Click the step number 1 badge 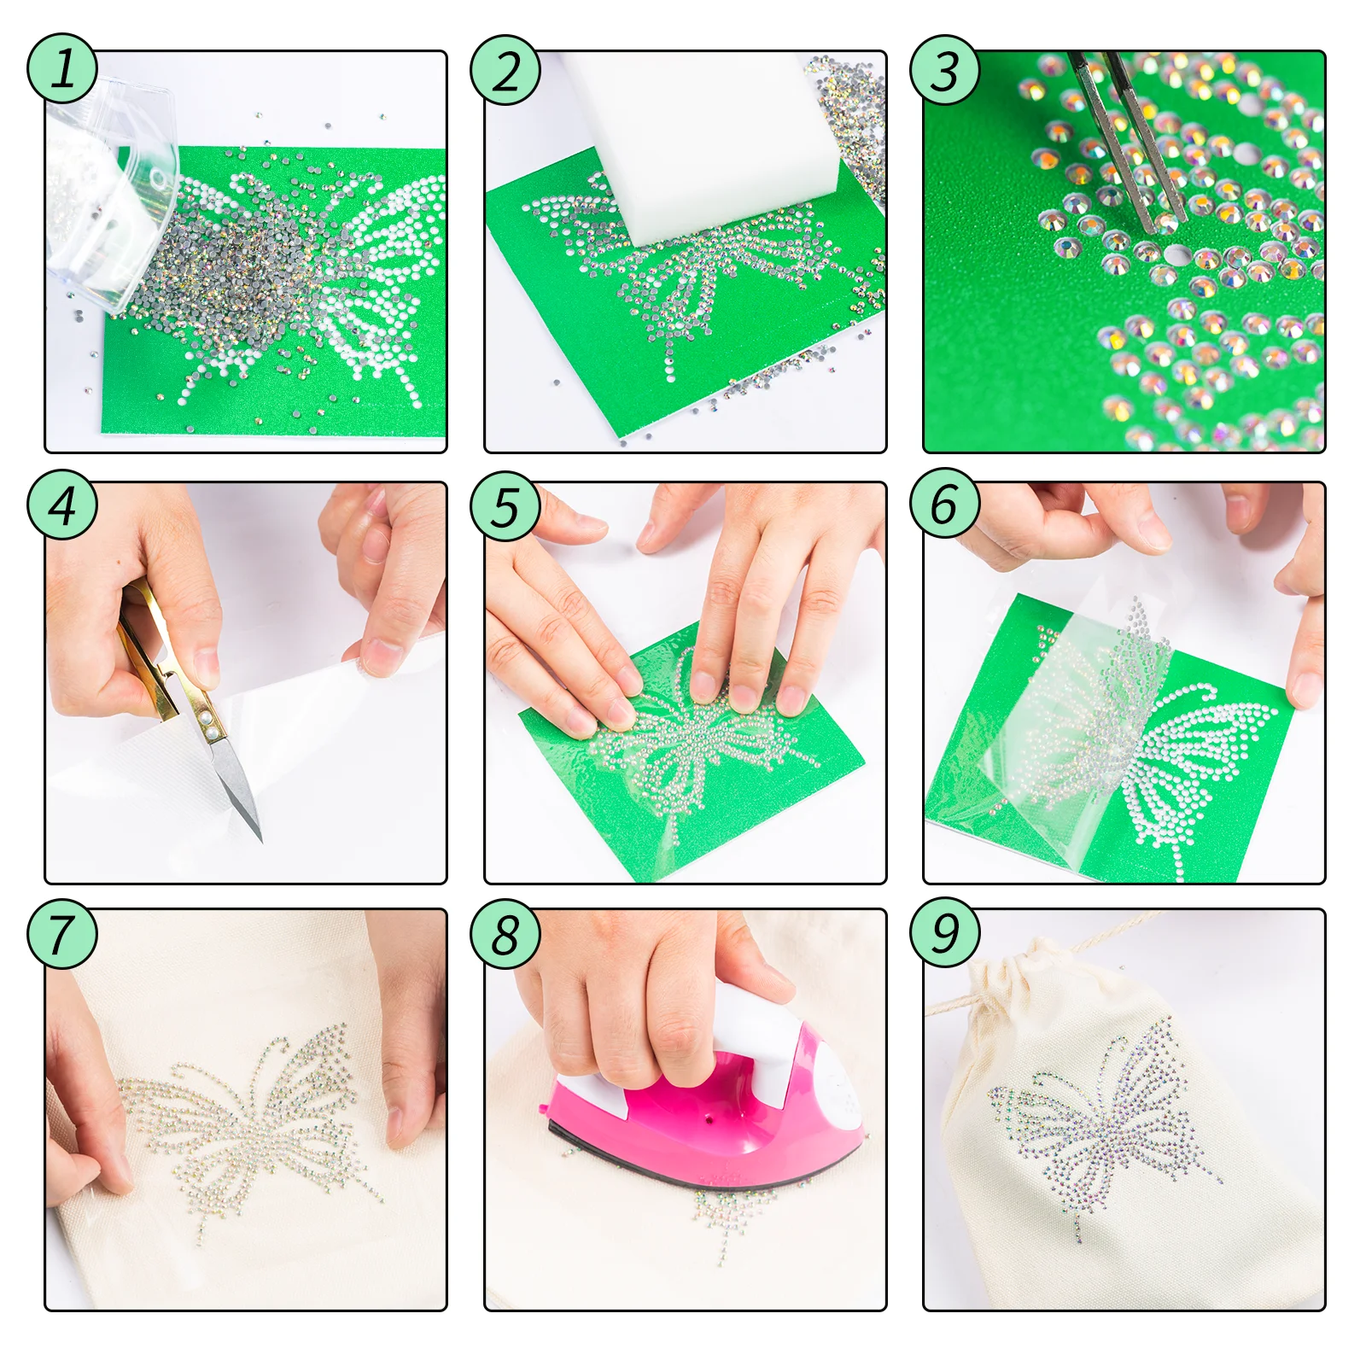point(62,69)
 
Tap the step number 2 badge point(505,70)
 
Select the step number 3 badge point(944,70)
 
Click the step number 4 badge point(62,505)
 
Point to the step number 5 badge point(505,506)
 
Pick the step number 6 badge point(944,503)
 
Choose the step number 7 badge point(62,933)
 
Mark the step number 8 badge point(505,933)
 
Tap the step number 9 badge point(944,933)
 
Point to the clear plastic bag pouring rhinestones point(111,196)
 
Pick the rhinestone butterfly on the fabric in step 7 point(248,1127)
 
